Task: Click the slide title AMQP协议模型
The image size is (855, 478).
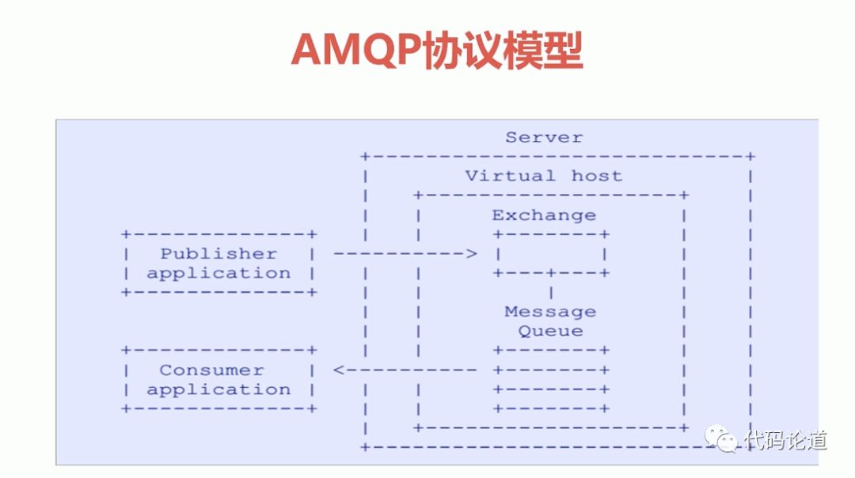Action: click(x=437, y=51)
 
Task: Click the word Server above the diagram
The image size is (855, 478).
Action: click(x=544, y=138)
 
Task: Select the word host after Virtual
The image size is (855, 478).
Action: click(x=596, y=176)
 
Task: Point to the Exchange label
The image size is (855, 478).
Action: click(x=544, y=215)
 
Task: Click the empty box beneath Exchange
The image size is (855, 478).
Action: click(x=551, y=254)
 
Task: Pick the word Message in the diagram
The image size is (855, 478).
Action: click(x=550, y=312)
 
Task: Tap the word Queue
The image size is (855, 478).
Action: click(x=551, y=332)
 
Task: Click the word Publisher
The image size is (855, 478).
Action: click(x=218, y=254)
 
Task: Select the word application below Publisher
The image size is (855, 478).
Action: click(x=218, y=274)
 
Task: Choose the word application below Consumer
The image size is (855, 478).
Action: click(x=218, y=389)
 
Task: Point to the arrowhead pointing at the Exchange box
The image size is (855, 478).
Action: click(x=472, y=254)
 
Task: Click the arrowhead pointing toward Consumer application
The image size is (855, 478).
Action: click(x=339, y=370)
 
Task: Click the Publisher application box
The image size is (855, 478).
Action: click(x=218, y=264)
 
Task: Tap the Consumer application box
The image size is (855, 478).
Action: click(x=218, y=380)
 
